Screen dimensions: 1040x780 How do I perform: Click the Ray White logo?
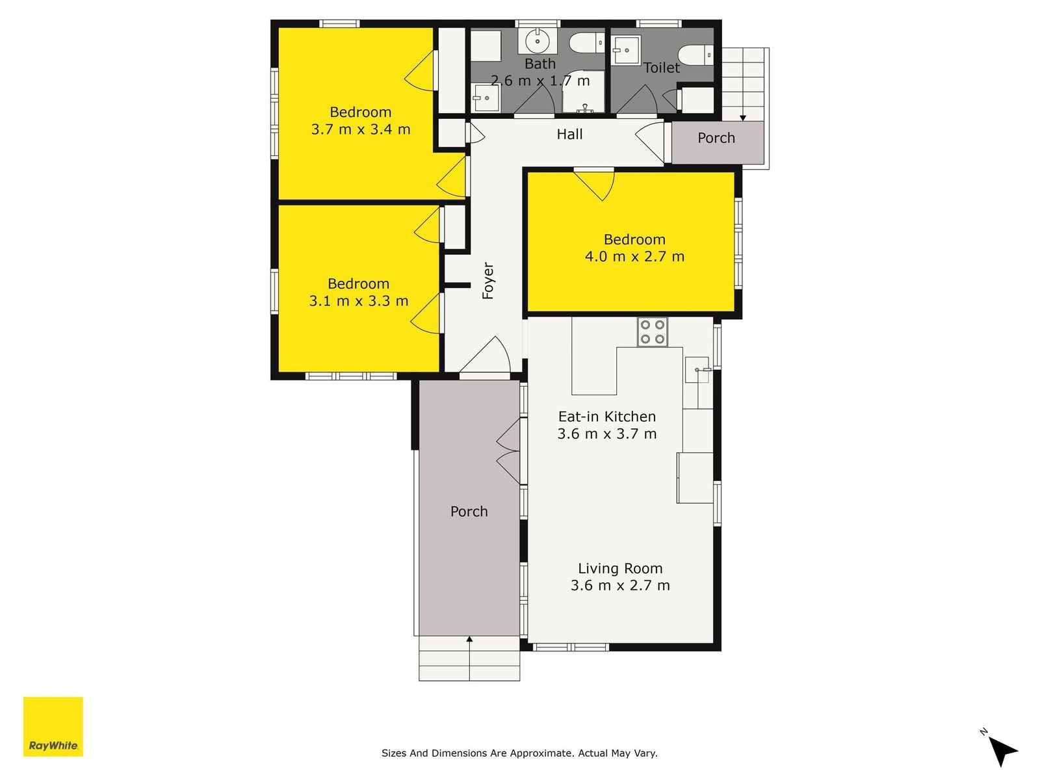[x=53, y=726]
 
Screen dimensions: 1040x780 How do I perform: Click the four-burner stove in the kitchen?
[x=652, y=331]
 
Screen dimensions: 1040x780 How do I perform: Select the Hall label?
[x=569, y=135]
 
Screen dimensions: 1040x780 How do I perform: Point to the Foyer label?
[x=488, y=280]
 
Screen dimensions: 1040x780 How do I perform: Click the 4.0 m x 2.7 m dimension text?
[x=634, y=257]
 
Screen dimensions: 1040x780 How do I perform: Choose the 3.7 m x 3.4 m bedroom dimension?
[x=361, y=129]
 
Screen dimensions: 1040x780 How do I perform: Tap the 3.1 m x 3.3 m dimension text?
[x=359, y=301]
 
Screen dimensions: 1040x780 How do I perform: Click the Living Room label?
[x=620, y=568]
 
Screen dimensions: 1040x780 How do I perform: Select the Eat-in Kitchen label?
[x=607, y=416]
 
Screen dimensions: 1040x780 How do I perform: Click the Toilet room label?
[x=662, y=68]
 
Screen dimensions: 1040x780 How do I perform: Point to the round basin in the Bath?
[x=538, y=41]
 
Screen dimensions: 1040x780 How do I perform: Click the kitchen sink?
[x=697, y=369]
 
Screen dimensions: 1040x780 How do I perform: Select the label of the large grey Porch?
[x=469, y=512]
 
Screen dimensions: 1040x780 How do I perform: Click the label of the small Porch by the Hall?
[x=716, y=138]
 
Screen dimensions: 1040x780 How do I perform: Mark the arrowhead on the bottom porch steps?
[x=469, y=639]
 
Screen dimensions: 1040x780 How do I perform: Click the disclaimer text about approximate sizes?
[x=519, y=753]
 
